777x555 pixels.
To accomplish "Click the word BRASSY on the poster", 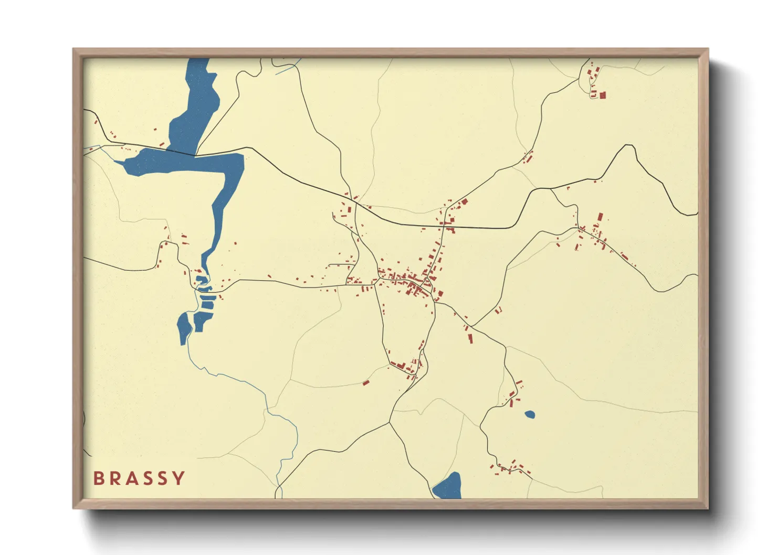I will (x=139, y=478).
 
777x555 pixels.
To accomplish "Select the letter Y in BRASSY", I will (x=179, y=478).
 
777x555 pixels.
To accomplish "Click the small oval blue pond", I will (x=530, y=414).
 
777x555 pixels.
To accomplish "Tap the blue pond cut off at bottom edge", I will (x=448, y=487).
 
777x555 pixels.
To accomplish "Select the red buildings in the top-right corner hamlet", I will (x=596, y=84).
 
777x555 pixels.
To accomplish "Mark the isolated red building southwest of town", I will (x=366, y=382).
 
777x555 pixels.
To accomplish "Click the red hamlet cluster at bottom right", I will (x=510, y=467).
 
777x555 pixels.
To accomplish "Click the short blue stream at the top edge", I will (x=288, y=66).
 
